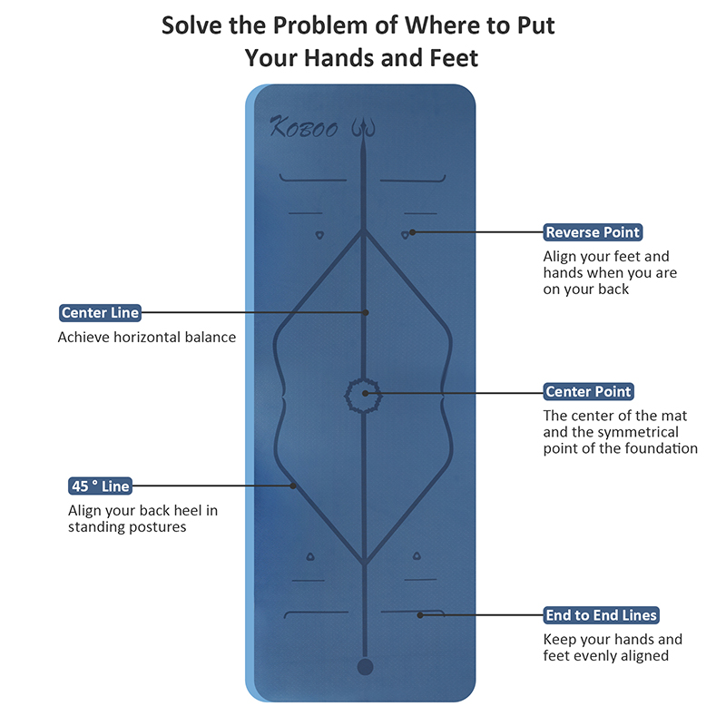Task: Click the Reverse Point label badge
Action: (x=593, y=232)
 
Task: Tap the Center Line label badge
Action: (x=100, y=312)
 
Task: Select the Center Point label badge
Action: (x=588, y=391)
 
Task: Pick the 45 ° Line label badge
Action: (x=100, y=486)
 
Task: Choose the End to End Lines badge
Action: (x=601, y=615)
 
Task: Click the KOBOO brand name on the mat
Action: (x=304, y=127)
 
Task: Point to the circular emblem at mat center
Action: (x=364, y=396)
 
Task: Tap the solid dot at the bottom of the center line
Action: (x=365, y=667)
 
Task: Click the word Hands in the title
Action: (x=338, y=58)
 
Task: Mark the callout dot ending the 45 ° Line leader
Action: (x=293, y=486)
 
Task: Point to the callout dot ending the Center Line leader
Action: (x=366, y=312)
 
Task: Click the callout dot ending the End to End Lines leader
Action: (x=420, y=615)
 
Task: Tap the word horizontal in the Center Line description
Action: (x=147, y=337)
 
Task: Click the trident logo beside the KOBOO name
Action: (x=363, y=128)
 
